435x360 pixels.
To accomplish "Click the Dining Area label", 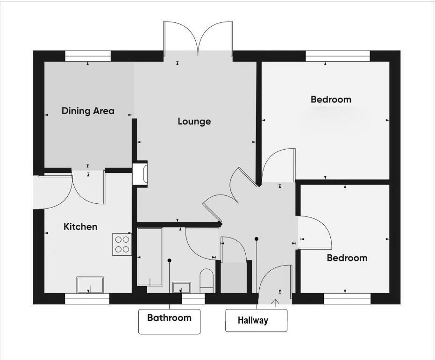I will pyautogui.click(x=88, y=111).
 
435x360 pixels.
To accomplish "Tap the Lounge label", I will pyautogui.click(x=194, y=122).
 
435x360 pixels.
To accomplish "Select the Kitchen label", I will pyautogui.click(x=80, y=227).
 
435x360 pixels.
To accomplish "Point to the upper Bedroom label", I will pyautogui.click(x=331, y=100).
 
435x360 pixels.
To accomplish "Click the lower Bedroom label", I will pyautogui.click(x=347, y=258).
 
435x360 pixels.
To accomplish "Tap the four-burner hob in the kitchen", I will pyautogui.click(x=122, y=244).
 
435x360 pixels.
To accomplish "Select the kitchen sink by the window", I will pyautogui.click(x=90, y=284).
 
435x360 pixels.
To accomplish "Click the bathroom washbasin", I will pyautogui.click(x=181, y=287).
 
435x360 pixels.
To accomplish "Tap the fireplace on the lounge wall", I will pyautogui.click(x=141, y=174).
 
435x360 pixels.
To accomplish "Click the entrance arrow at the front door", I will pyautogui.click(x=275, y=302).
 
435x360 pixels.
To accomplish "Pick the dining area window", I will pyautogui.click(x=88, y=56).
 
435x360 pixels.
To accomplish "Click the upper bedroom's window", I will pyautogui.click(x=338, y=56).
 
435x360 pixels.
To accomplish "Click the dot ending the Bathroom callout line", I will pyautogui.click(x=170, y=260).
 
